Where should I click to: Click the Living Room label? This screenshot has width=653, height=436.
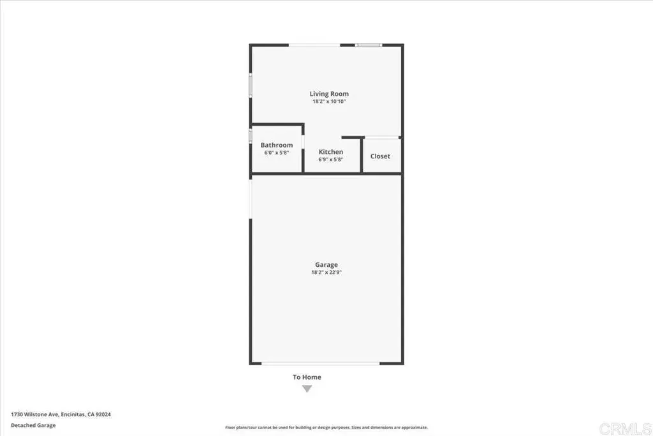(x=329, y=94)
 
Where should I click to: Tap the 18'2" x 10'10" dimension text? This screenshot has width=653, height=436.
(x=329, y=101)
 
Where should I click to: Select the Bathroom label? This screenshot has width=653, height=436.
(x=277, y=145)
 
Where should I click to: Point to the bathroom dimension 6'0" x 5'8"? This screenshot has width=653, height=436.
(x=277, y=153)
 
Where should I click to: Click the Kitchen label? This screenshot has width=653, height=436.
(x=331, y=152)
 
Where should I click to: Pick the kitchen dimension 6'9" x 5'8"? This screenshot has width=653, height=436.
(x=331, y=159)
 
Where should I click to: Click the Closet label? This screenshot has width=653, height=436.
(x=380, y=156)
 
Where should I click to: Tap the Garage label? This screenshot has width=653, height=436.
(x=326, y=265)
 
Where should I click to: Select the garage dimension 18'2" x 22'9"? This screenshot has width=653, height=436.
(x=326, y=272)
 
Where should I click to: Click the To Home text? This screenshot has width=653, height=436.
(x=307, y=377)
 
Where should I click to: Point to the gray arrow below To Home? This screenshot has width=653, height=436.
(x=307, y=389)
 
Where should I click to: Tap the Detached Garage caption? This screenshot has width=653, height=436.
(x=33, y=425)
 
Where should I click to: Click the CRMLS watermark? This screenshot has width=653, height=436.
(x=625, y=428)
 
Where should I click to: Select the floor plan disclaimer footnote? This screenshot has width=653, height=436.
(x=326, y=427)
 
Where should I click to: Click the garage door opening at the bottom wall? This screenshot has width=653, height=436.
(x=320, y=363)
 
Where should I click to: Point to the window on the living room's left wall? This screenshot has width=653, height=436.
(x=251, y=86)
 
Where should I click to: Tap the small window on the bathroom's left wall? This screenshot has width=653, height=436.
(x=251, y=137)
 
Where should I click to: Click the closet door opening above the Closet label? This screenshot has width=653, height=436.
(x=381, y=137)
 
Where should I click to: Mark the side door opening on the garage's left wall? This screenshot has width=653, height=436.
(x=251, y=199)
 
